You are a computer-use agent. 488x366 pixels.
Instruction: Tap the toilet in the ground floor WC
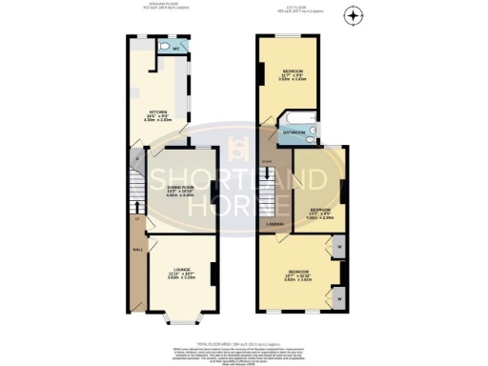(x=165, y=47)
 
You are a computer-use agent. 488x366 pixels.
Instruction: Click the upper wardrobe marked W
(x=340, y=253)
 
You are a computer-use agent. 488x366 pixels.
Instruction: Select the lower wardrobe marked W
(x=340, y=299)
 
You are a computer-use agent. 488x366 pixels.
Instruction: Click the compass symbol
(x=354, y=16)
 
